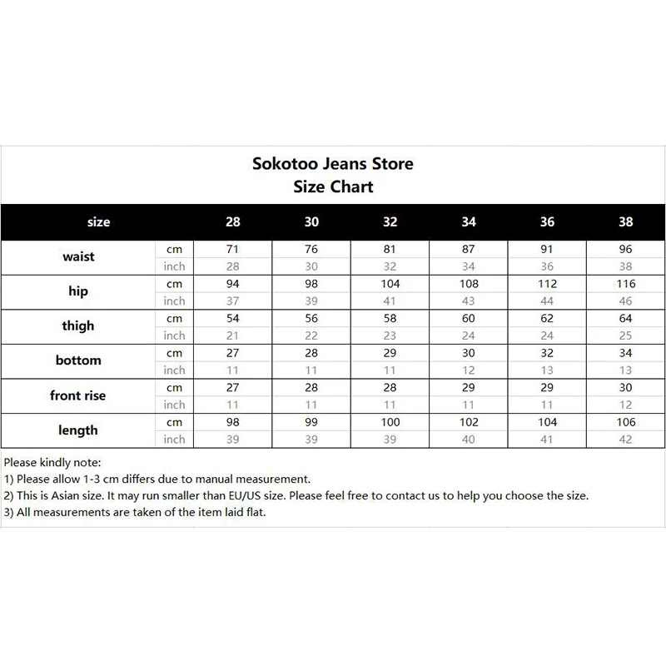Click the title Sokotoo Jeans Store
333,163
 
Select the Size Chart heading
333,186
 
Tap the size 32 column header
390,222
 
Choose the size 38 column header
626,222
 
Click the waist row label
78,257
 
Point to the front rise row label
78,396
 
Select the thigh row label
78,326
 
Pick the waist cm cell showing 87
469,249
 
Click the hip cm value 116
626,284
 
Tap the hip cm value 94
233,284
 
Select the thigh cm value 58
390,319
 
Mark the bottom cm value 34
626,353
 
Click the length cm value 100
390,422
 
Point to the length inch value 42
626,440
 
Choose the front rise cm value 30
626,388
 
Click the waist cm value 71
233,249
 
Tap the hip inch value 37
233,301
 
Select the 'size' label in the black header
98,222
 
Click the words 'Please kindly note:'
52,462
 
